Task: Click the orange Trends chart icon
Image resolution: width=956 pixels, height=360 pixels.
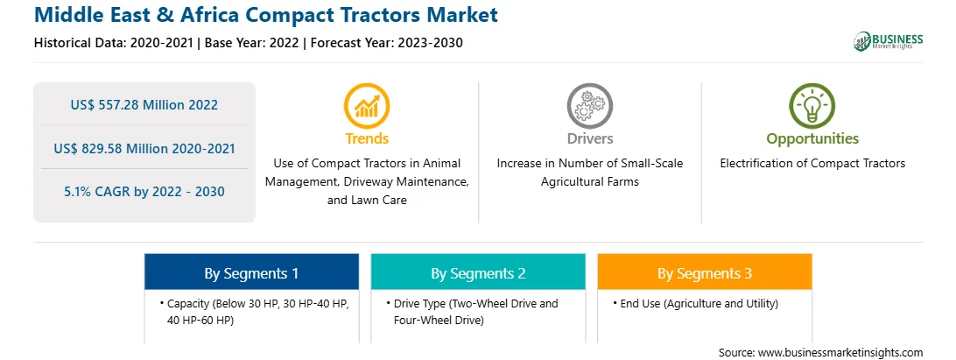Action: click(x=367, y=106)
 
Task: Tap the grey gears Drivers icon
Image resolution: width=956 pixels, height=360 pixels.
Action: click(x=589, y=106)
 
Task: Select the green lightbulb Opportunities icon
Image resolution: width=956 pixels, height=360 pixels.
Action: click(x=812, y=106)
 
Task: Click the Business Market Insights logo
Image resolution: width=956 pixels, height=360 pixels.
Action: click(x=889, y=41)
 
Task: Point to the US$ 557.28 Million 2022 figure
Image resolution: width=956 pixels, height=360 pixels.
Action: click(x=144, y=105)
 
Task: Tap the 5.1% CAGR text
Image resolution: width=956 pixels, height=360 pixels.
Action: click(x=144, y=192)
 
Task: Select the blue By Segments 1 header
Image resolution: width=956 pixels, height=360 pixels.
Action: click(x=252, y=272)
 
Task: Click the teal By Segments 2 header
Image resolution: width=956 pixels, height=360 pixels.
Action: click(x=478, y=272)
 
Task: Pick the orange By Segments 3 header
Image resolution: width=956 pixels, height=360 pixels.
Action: click(x=705, y=272)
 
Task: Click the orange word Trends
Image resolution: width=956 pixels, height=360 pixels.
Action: click(x=367, y=138)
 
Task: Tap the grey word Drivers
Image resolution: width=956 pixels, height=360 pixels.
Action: click(x=589, y=138)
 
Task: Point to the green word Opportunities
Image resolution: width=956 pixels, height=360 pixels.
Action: click(x=812, y=139)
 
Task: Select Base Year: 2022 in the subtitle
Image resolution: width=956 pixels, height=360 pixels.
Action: click(x=252, y=43)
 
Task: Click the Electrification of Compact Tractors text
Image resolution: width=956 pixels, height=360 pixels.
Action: click(x=812, y=164)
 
